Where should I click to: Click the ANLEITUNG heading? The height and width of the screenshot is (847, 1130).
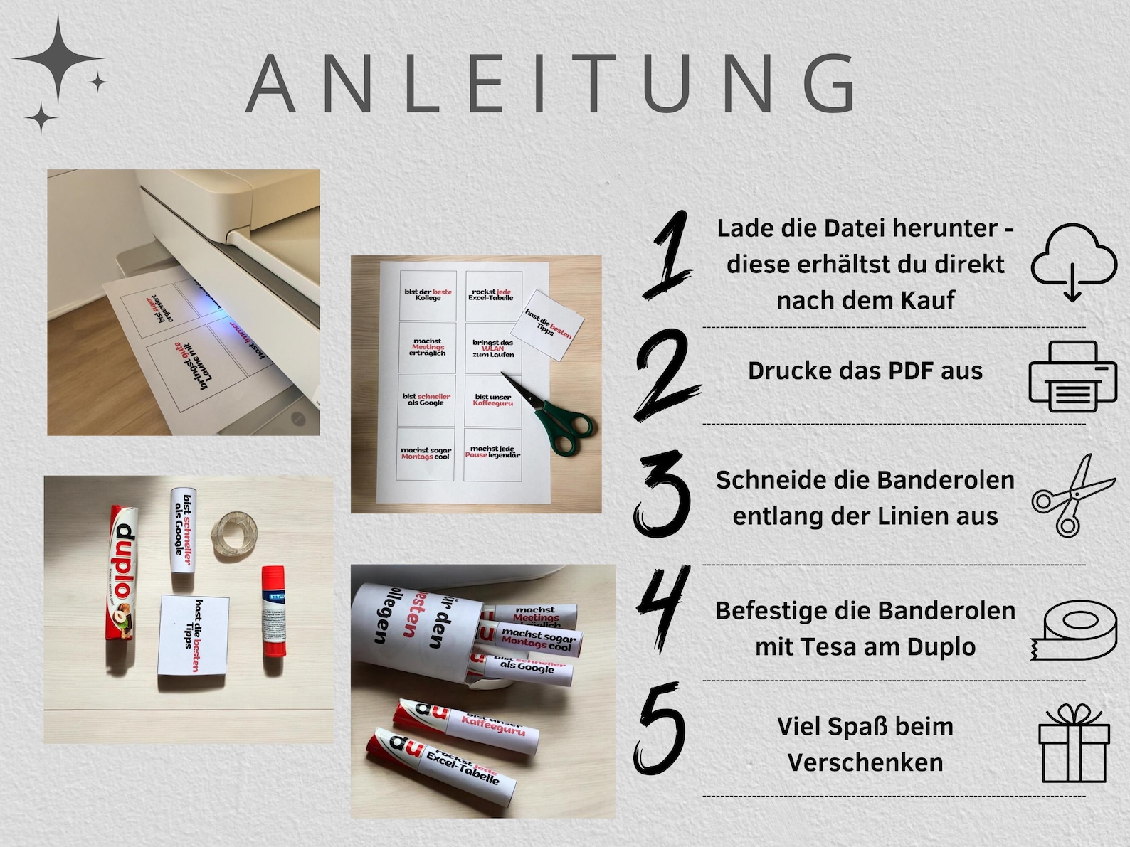click(x=551, y=84)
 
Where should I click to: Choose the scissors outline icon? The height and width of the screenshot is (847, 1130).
click(x=1072, y=495)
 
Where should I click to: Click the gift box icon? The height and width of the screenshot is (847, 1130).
click(x=1073, y=744)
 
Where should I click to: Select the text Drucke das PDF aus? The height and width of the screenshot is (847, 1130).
click(x=865, y=371)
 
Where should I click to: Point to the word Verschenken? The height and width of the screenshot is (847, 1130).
click(x=865, y=762)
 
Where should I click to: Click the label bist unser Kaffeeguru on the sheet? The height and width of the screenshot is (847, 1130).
click(x=492, y=400)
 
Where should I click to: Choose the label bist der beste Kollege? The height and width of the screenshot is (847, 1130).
click(x=428, y=294)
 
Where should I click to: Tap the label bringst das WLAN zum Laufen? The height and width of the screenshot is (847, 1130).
click(x=492, y=348)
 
